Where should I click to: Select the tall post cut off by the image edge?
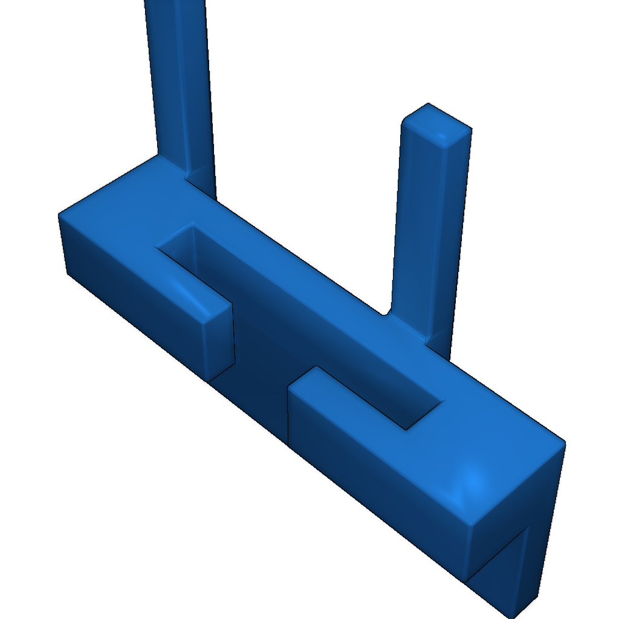tap(181, 79)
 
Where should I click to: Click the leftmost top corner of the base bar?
tap(60, 215)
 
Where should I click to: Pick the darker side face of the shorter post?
tap(450, 242)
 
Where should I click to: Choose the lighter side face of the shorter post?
tap(417, 230)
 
